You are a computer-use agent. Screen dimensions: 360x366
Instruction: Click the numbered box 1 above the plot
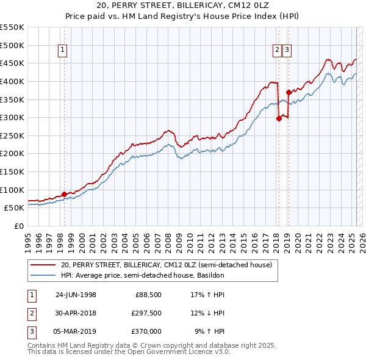click(63, 51)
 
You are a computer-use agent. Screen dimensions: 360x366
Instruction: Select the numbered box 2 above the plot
click(277, 51)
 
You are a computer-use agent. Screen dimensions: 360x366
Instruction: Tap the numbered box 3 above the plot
click(287, 51)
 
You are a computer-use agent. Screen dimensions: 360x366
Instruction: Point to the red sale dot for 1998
click(64, 193)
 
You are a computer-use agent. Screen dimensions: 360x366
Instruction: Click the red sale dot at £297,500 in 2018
click(279, 118)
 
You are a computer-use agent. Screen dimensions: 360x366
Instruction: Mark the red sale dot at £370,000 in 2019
click(289, 92)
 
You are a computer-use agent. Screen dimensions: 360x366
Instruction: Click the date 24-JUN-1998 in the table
click(76, 295)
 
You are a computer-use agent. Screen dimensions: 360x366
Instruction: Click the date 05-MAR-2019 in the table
click(76, 331)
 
